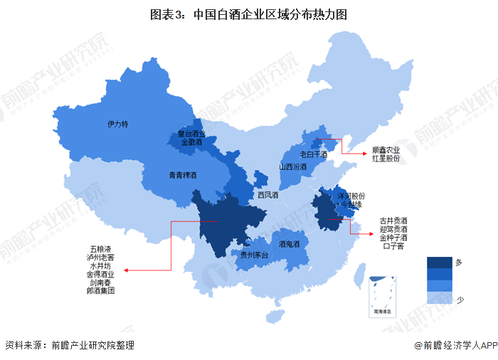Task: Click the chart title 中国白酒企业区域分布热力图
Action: [248, 14]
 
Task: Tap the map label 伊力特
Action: [117, 124]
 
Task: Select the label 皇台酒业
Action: [191, 134]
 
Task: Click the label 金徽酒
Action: [191, 142]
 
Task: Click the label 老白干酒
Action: [313, 154]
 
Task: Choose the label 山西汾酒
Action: [292, 167]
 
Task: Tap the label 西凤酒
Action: [268, 194]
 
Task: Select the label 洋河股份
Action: [351, 195]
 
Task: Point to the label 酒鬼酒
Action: [289, 244]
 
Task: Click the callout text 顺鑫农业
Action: [386, 150]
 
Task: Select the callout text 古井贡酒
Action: [393, 221]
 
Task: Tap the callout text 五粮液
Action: [100, 248]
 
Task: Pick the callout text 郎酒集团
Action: [100, 290]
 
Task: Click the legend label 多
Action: [459, 263]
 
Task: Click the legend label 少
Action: [459, 300]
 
